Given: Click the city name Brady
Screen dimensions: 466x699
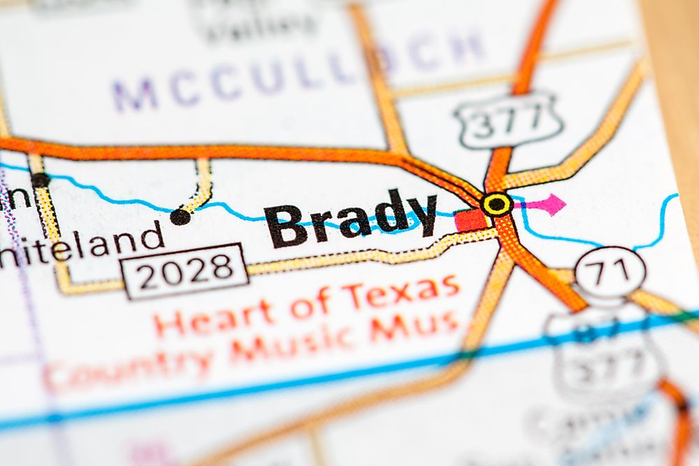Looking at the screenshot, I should coord(349,218).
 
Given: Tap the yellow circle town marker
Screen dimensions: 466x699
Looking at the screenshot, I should coord(497,204).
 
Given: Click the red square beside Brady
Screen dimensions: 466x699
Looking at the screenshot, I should coord(471,220).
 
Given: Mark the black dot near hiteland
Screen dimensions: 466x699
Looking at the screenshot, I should coord(180,217).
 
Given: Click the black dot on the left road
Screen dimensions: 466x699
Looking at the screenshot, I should coord(41,180).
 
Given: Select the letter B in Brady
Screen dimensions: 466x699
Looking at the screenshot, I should coord(287,226).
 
